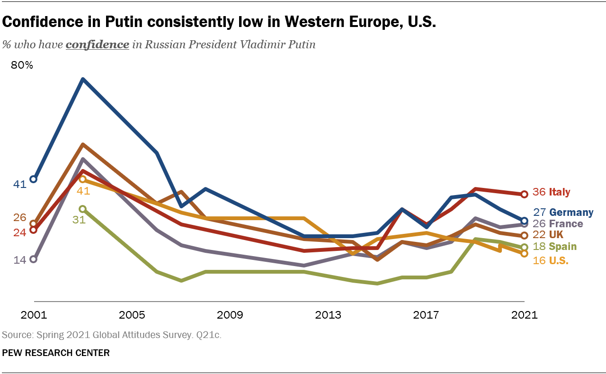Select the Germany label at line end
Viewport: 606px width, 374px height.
tap(571, 213)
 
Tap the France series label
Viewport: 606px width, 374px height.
tap(566, 224)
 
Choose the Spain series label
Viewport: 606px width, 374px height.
tap(562, 247)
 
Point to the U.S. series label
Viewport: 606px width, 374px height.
tap(559, 260)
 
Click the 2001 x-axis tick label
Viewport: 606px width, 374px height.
tap(34, 315)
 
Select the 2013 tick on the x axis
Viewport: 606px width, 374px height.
tap(328, 315)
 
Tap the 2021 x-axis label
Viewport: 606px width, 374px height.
tap(525, 315)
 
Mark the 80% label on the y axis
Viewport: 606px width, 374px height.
tap(22, 65)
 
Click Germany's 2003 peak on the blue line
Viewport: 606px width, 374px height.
tap(83, 80)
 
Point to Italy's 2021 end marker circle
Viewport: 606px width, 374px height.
tap(524, 194)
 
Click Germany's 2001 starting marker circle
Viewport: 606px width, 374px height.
tap(33, 179)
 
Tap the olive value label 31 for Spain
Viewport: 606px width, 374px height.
tap(79, 220)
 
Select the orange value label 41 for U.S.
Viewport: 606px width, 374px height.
tap(83, 191)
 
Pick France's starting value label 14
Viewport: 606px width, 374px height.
tap(19, 260)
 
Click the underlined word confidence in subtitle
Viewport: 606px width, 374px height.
tap(97, 45)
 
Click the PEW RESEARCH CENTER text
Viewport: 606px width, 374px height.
tap(56, 353)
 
